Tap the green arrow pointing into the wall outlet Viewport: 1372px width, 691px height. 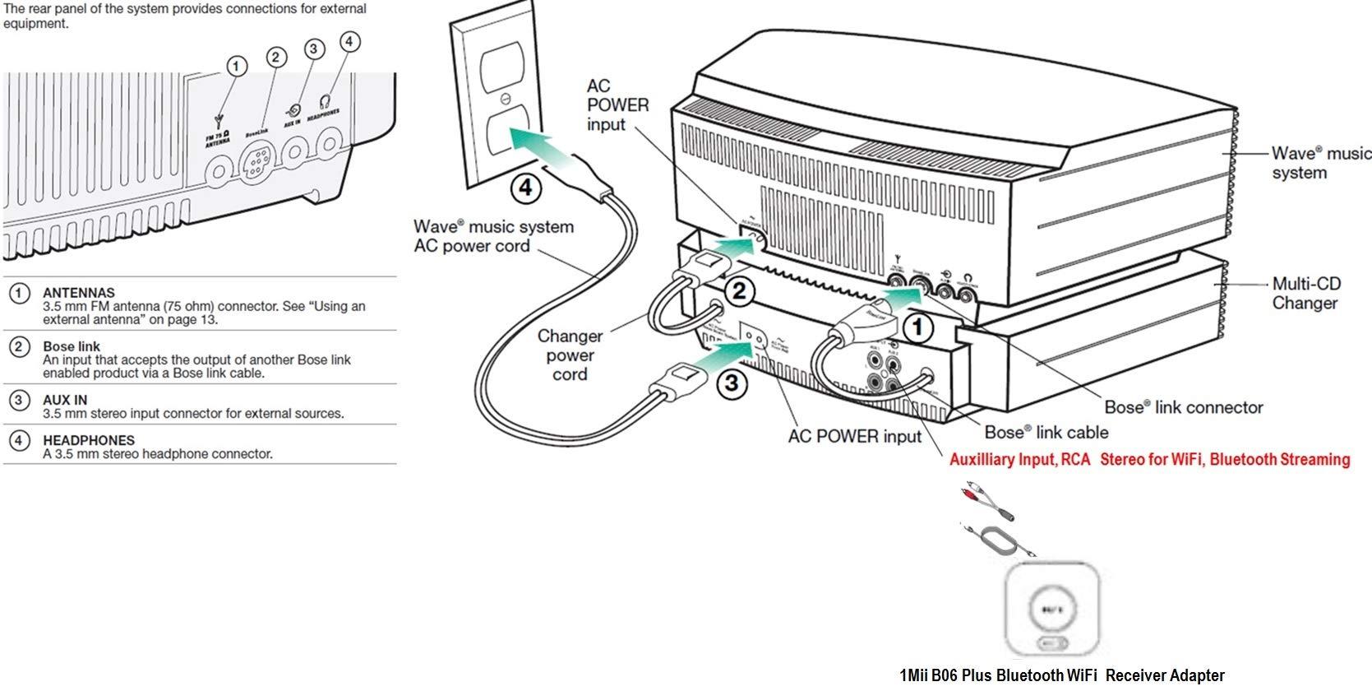pos(543,151)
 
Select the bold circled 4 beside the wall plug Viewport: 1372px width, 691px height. pos(526,188)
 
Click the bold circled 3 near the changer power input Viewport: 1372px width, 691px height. pos(731,383)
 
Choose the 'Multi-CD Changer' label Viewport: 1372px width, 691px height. pos(1305,293)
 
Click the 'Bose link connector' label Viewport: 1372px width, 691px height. pos(1183,407)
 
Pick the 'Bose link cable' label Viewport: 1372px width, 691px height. pos(1046,433)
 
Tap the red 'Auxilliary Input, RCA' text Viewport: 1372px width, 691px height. pos(1019,460)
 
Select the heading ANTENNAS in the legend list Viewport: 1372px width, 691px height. pos(79,293)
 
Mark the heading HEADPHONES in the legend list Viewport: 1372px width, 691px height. pos(89,440)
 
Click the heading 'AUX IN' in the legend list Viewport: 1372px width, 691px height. pos(65,400)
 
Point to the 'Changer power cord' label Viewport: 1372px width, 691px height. pos(570,355)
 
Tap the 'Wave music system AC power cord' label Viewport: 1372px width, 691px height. pos(493,236)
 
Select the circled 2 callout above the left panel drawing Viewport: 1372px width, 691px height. pos(276,57)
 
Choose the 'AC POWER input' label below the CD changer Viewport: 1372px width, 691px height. pos(854,437)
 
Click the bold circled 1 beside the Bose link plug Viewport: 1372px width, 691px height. pos(918,328)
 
